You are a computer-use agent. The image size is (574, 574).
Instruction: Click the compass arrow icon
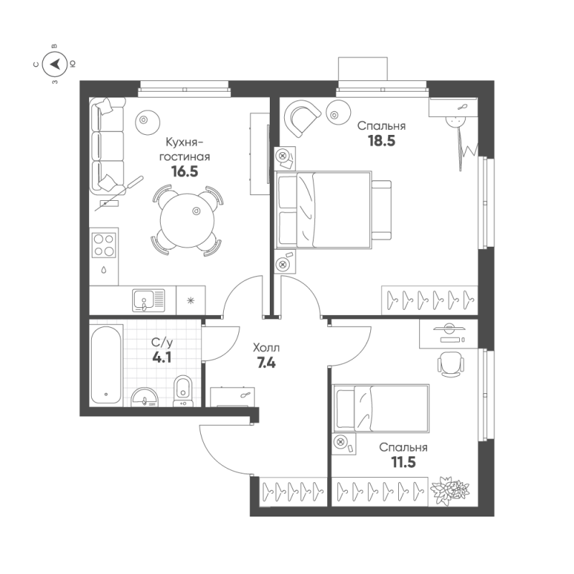coord(55,65)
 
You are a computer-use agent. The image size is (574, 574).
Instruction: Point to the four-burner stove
coord(105,244)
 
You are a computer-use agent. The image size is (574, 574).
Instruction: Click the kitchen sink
coord(148,298)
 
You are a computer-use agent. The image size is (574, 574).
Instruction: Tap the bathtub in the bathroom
coord(107,365)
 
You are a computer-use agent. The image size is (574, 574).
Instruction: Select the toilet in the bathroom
coord(184,391)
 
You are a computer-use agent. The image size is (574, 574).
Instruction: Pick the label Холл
coord(267,347)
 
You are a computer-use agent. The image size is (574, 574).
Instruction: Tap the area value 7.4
coord(266,362)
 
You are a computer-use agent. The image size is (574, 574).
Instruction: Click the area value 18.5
coord(381,141)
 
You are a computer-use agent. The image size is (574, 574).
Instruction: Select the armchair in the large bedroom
coord(301,116)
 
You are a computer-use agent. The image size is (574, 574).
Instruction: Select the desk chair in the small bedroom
coord(450,362)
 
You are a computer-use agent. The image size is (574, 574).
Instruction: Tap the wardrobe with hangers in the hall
coord(291,491)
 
